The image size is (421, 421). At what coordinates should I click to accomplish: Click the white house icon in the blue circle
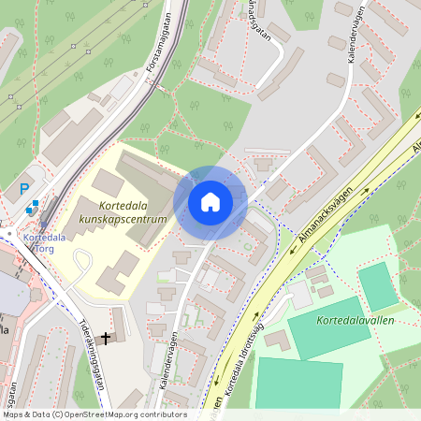pyautogui.click(x=210, y=202)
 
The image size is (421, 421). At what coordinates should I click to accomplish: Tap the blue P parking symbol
pyautogui.click(x=24, y=189)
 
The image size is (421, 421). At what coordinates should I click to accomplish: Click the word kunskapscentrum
pyautogui.click(x=123, y=219)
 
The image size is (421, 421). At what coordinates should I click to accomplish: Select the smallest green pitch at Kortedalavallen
pyautogui.click(x=377, y=286)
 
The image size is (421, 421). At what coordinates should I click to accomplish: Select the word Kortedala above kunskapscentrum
pyautogui.click(x=123, y=204)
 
